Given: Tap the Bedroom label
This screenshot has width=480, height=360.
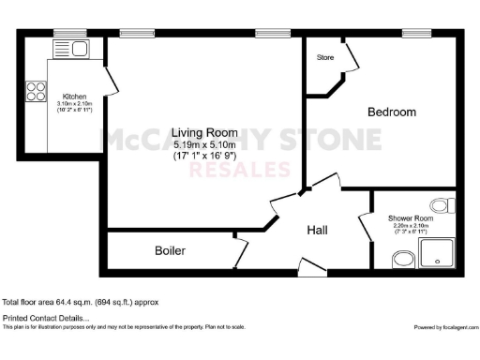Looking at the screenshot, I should [391, 112].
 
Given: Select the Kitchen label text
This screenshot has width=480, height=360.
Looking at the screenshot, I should [75, 97].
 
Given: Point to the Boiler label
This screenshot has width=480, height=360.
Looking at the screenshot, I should [170, 250].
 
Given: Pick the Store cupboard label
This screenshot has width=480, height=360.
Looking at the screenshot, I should [324, 58].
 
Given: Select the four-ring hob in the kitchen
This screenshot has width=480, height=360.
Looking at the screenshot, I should [36, 91].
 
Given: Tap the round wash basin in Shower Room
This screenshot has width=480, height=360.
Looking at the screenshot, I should [403, 259].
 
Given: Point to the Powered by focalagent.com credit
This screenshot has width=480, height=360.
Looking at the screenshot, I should [444, 327].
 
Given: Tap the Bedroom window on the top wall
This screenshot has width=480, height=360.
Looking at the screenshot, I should [415, 33].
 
